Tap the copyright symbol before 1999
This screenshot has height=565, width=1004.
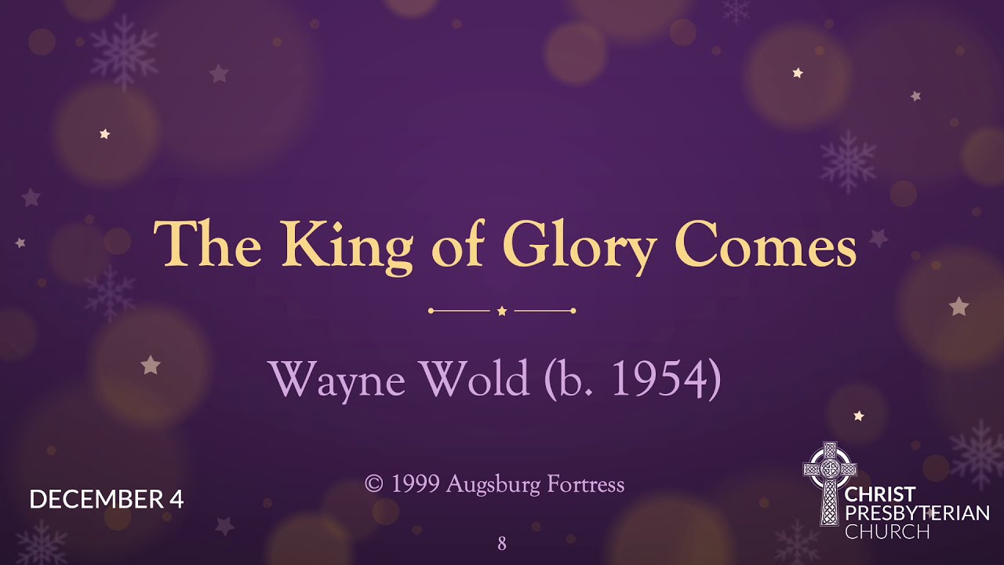point(374,484)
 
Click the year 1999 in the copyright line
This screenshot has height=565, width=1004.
point(414,484)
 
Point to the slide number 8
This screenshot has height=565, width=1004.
point(502,543)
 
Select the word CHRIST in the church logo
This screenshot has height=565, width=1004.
point(880,494)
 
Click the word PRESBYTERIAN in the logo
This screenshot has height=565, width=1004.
point(917,513)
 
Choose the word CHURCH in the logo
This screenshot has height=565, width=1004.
point(887,531)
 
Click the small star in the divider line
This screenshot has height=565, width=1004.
point(502,312)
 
